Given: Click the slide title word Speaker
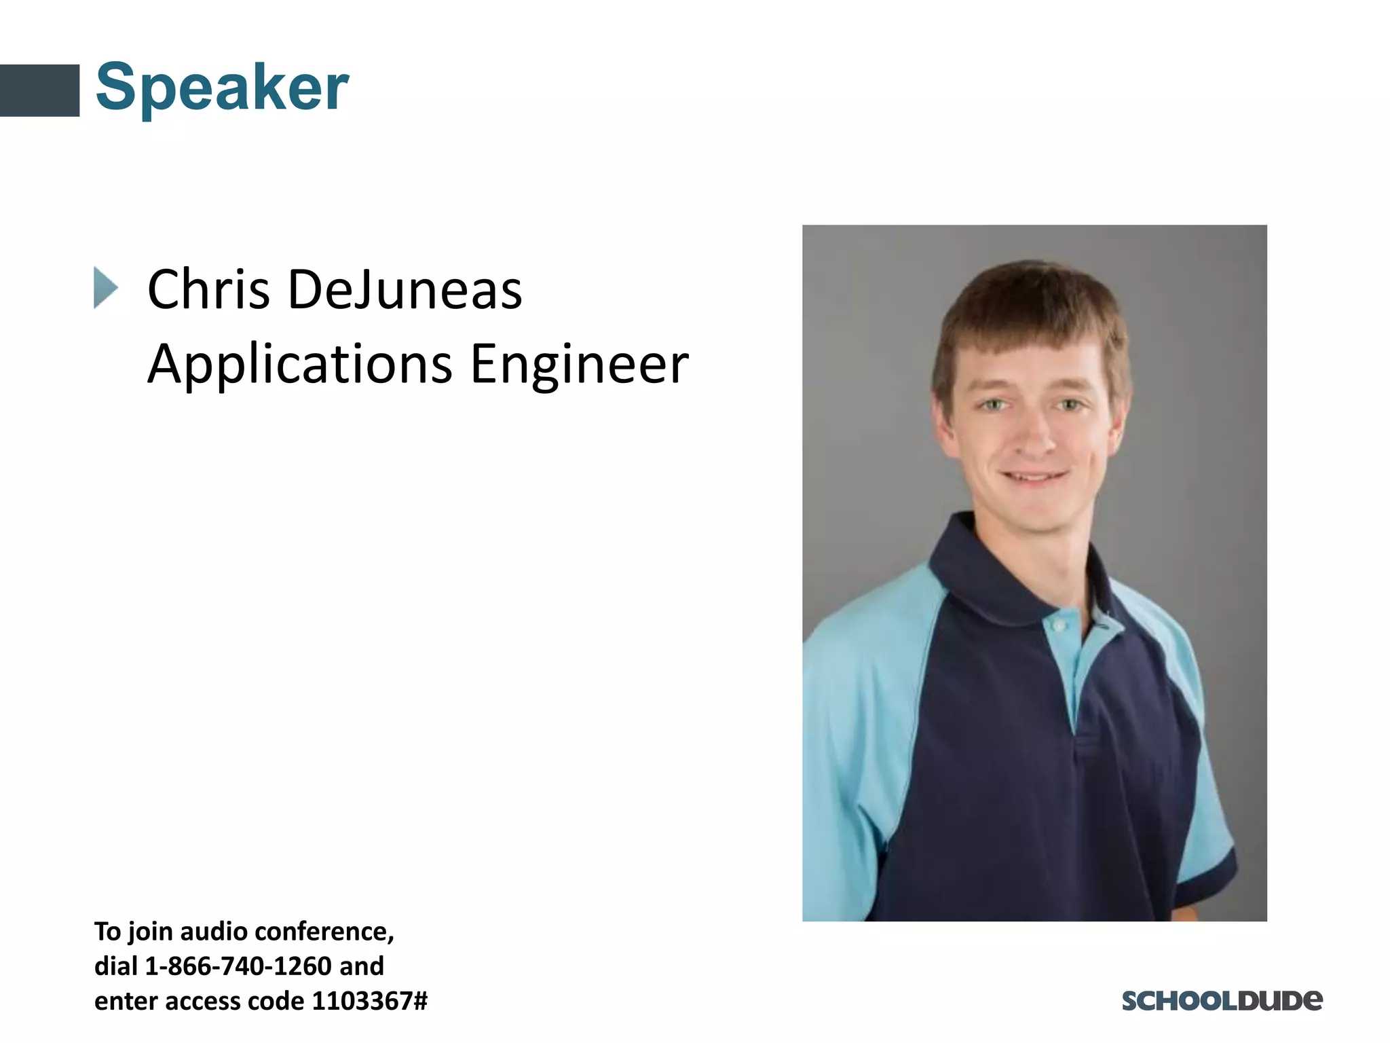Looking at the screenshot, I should coord(222,87).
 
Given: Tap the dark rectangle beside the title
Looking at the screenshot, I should coord(39,90).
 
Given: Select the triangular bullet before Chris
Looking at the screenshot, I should coord(105,288).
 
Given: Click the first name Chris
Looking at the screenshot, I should coord(208,290).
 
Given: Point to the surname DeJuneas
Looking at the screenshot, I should coord(405,290).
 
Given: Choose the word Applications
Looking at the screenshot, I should coord(299,365).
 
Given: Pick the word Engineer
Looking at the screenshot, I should coord(579,365).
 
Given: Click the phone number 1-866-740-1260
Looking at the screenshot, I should coord(238,966).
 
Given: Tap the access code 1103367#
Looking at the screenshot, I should coord(369,1001).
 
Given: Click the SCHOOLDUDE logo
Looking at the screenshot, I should coord(1222,1001).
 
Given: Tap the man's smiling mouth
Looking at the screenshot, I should coord(1034,477).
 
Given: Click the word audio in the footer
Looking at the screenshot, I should coord(212,931).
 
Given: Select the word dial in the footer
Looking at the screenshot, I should coord(115,966).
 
